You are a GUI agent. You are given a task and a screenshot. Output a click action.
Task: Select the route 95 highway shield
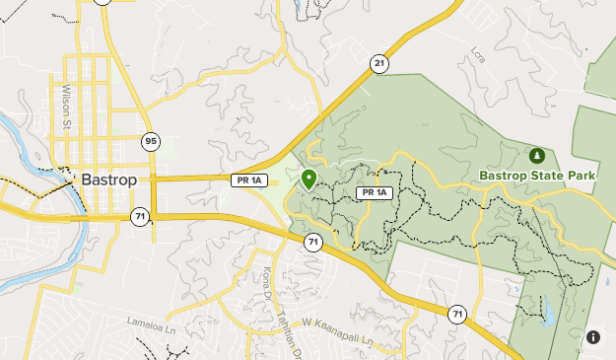[150, 141]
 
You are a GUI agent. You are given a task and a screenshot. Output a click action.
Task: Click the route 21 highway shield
[379, 63]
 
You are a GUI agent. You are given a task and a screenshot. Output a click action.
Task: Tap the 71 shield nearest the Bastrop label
[141, 216]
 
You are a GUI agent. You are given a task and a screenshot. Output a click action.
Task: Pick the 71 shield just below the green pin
[312, 241]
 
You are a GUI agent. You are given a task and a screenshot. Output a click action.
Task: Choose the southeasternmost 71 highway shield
[456, 315]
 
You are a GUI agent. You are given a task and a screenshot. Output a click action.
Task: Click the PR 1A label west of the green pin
[247, 180]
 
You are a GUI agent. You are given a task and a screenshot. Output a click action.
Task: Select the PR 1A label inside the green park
[376, 192]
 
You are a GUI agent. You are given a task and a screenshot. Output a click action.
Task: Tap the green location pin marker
[308, 180]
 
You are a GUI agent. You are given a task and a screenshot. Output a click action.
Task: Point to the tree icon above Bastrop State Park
[536, 156]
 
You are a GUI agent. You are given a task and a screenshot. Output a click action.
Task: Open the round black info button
[593, 337]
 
